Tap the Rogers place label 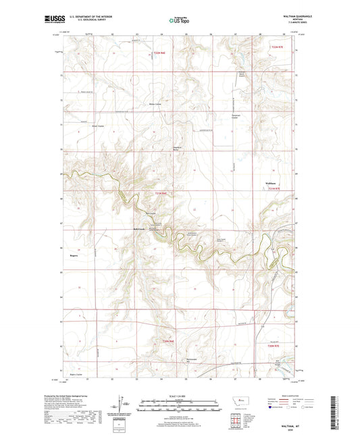[x=75, y=238]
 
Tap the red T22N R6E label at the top [x=159, y=52]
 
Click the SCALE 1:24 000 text [x=180, y=396]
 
